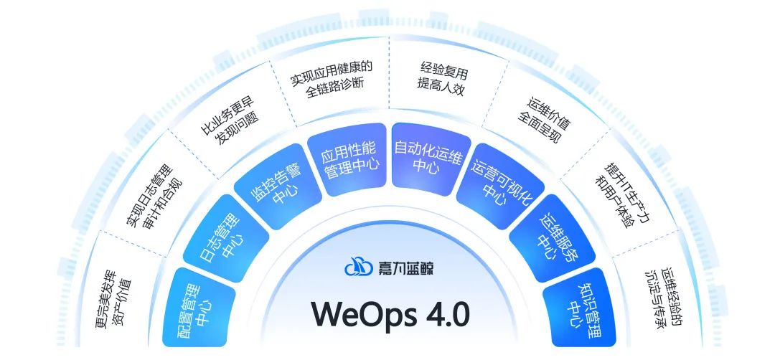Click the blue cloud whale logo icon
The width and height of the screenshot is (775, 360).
(357, 267)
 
